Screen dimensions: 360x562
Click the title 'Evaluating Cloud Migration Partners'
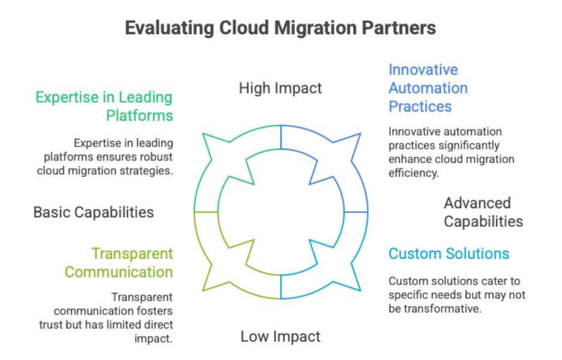click(280, 28)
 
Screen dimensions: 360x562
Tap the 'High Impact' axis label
click(280, 88)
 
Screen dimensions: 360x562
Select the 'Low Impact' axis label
click(280, 337)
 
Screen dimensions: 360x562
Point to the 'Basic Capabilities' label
click(93, 212)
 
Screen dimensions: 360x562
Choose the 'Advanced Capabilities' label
click(483, 212)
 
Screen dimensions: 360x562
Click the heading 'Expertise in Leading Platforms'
click(104, 106)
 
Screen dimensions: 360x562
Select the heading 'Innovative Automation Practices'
click(428, 88)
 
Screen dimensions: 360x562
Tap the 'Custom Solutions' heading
click(449, 254)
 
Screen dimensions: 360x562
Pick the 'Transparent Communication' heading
click(119, 263)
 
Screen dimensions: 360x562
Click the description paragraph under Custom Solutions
click(457, 295)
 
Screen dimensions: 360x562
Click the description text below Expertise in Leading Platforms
click(105, 157)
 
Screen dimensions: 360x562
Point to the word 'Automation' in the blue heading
click(428, 88)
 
